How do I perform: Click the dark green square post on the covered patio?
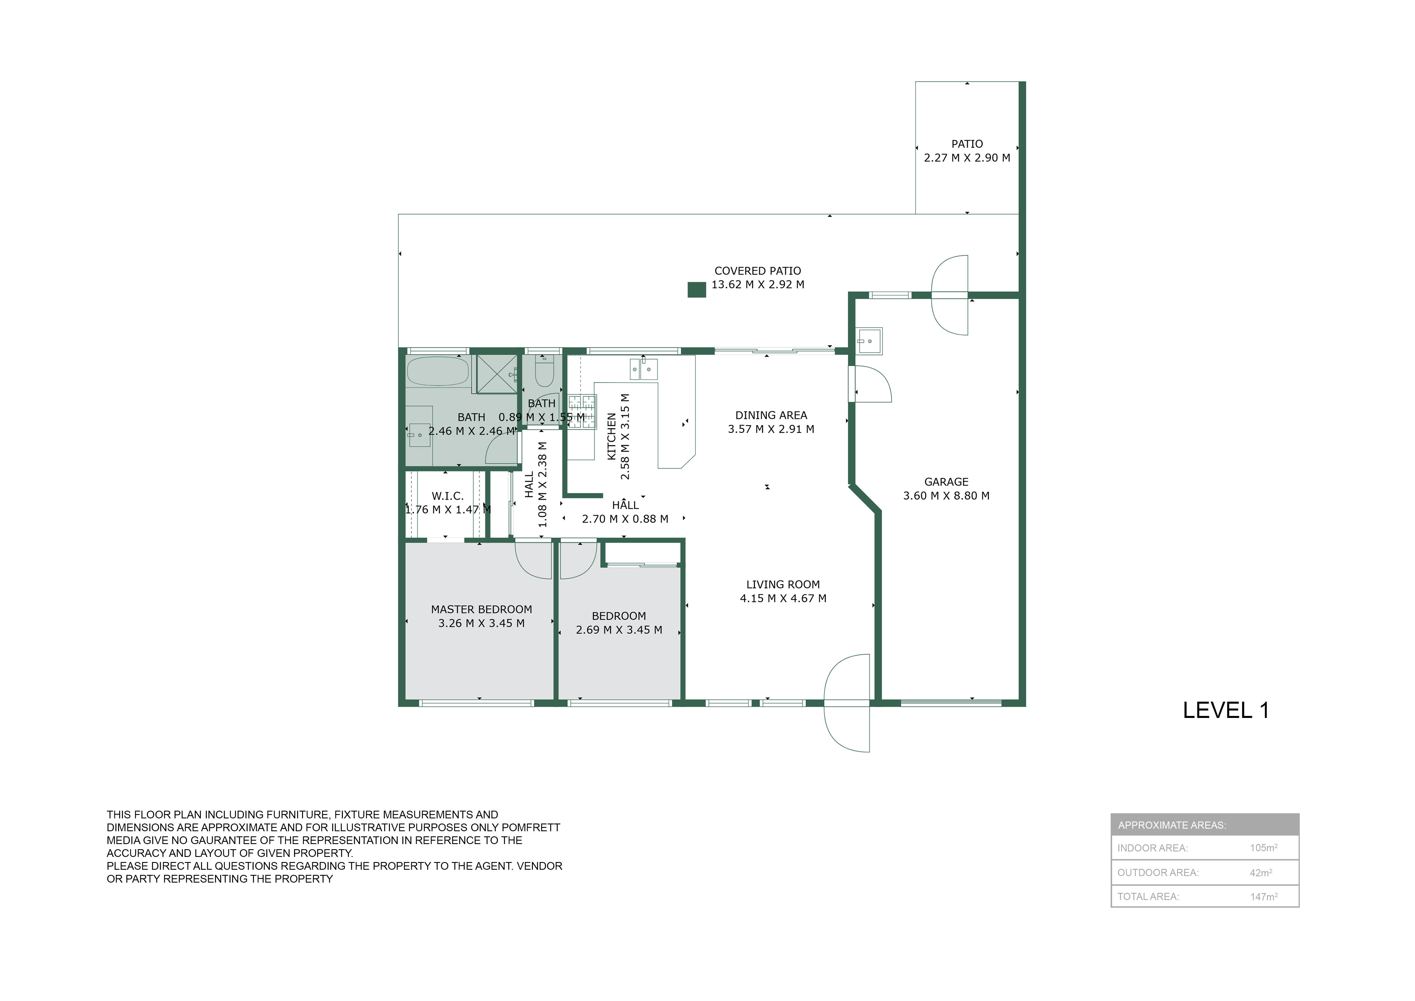click(697, 290)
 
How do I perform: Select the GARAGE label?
click(946, 482)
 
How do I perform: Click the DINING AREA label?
click(771, 415)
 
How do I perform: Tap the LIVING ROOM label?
click(783, 584)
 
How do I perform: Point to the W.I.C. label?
click(448, 496)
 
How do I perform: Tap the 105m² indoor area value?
click(1263, 847)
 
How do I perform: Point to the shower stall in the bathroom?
click(497, 374)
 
